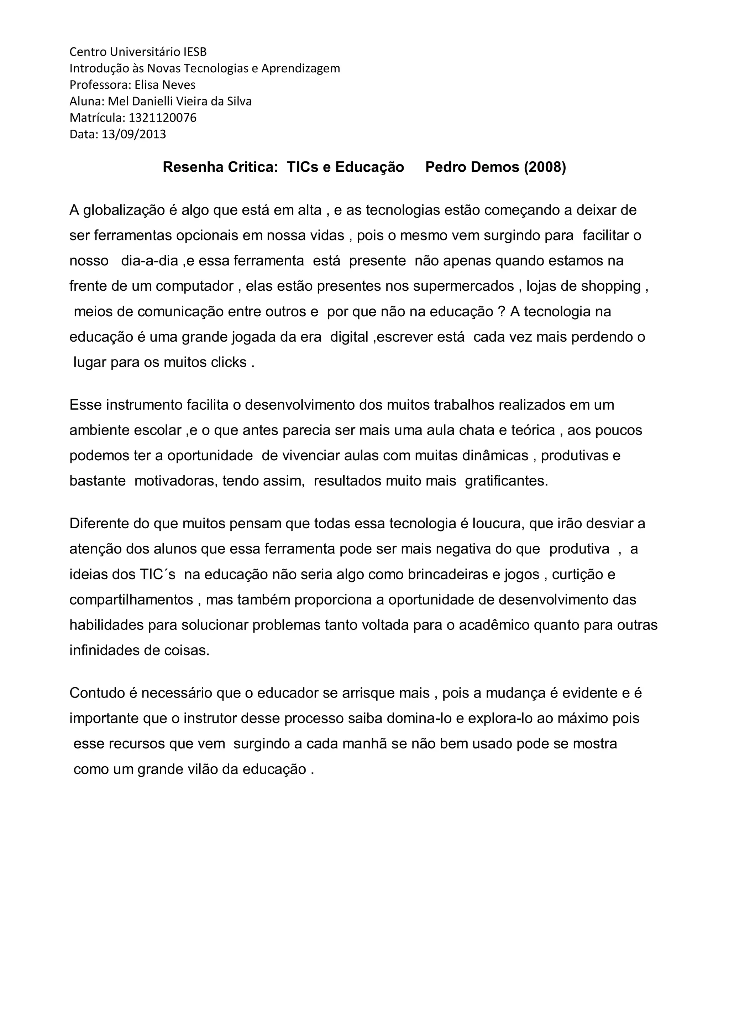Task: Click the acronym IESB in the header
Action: (x=195, y=52)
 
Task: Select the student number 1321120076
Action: (x=163, y=118)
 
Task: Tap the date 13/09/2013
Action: (x=134, y=134)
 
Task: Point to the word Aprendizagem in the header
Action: (x=300, y=68)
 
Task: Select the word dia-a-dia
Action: (x=150, y=261)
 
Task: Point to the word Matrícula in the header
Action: (x=97, y=118)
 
